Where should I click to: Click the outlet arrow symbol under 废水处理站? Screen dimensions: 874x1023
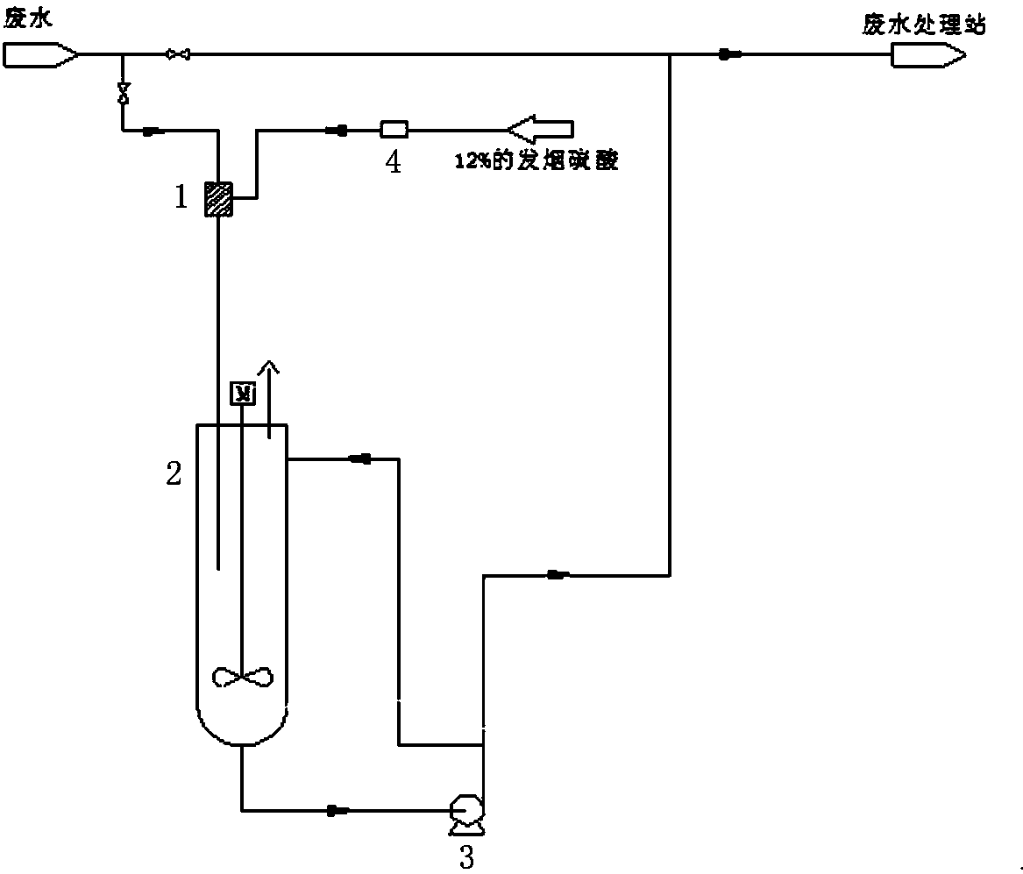tap(927, 56)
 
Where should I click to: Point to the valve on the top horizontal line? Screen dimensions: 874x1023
tap(178, 55)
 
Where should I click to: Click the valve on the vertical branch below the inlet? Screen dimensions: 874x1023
tap(123, 91)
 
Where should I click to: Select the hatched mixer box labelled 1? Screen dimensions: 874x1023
tap(217, 198)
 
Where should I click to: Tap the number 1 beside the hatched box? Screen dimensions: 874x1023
tap(181, 197)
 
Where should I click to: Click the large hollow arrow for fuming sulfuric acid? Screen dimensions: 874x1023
tap(540, 130)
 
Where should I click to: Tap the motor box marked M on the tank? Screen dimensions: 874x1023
tap(241, 394)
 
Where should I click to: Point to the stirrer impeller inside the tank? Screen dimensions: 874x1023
tap(243, 676)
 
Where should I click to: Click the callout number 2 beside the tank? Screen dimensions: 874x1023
tap(174, 474)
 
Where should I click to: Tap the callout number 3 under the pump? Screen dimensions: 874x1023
tap(466, 856)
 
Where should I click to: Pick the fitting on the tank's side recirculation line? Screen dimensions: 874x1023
tap(359, 458)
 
